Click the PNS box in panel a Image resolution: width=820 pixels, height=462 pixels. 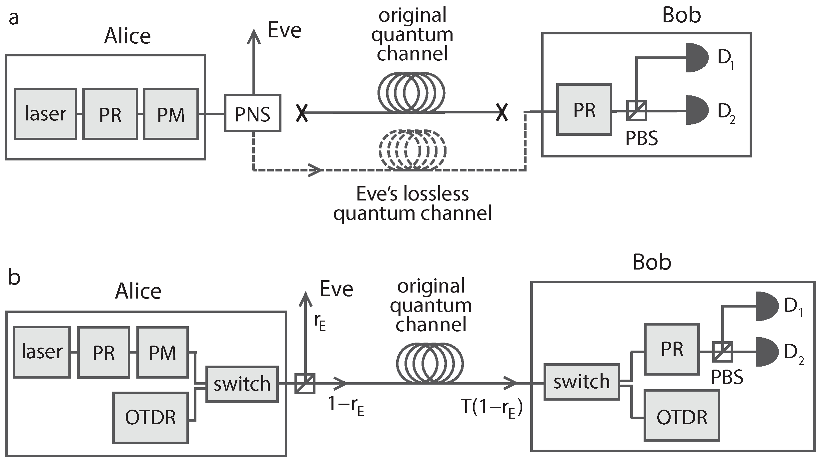(252, 113)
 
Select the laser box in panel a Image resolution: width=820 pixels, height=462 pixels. (45, 114)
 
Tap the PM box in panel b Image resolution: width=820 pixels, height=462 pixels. (162, 352)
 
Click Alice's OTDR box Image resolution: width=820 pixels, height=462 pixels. (150, 418)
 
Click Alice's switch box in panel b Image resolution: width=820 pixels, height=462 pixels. (242, 384)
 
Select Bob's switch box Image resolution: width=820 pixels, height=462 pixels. (582, 382)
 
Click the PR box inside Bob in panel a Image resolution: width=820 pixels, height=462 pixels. (584, 109)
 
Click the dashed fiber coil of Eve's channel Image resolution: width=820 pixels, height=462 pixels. (412, 149)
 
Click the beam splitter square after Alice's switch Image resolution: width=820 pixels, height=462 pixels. (305, 384)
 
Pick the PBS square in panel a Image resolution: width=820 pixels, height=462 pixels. (637, 110)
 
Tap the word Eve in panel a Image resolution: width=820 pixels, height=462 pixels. (284, 31)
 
